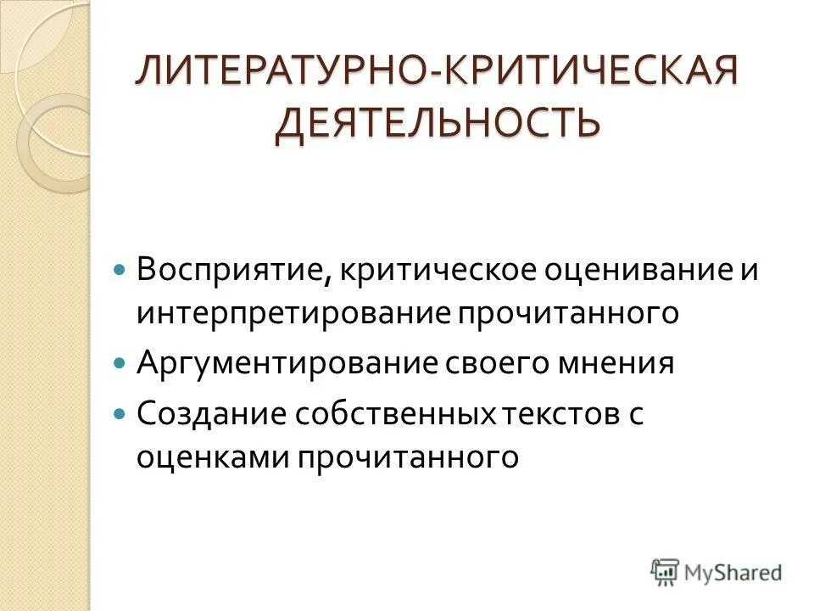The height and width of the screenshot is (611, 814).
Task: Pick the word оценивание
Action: [x=626, y=271]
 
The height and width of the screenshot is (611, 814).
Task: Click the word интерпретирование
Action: [x=293, y=313]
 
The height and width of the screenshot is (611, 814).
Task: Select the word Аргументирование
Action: [x=287, y=364]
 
